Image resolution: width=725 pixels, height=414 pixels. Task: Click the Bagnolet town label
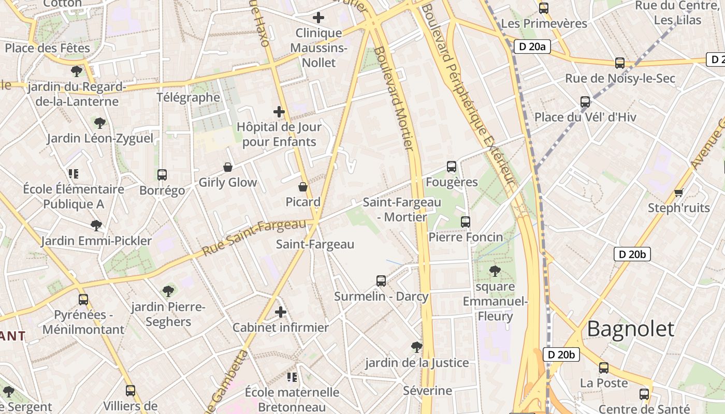tap(631, 329)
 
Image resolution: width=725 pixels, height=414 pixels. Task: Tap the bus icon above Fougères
tap(452, 167)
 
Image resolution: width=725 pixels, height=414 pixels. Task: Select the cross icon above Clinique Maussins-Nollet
tap(318, 18)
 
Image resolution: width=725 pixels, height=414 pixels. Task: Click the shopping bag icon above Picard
tap(303, 187)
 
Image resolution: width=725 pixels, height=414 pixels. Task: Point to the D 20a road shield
tap(532, 47)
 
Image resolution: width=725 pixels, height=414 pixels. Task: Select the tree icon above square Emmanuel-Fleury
tap(495, 271)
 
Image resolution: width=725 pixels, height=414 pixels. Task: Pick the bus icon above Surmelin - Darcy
tap(381, 281)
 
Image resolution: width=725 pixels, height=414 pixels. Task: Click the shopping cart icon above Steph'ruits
tap(678, 193)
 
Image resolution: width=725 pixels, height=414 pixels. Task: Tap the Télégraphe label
tap(188, 97)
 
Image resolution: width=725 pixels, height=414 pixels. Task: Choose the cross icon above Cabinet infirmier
tap(281, 312)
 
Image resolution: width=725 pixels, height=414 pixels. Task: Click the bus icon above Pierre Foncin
tap(466, 222)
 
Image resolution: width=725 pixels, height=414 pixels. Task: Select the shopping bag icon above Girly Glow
tap(227, 167)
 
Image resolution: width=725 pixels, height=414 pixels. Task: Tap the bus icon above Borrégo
tap(162, 175)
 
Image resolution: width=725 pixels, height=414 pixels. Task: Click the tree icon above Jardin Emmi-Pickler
tap(96, 226)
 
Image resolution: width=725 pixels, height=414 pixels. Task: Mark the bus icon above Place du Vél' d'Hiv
tap(585, 102)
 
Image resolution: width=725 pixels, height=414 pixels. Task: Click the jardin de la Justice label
tap(417, 363)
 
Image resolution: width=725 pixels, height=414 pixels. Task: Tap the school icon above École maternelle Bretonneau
tap(292, 377)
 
